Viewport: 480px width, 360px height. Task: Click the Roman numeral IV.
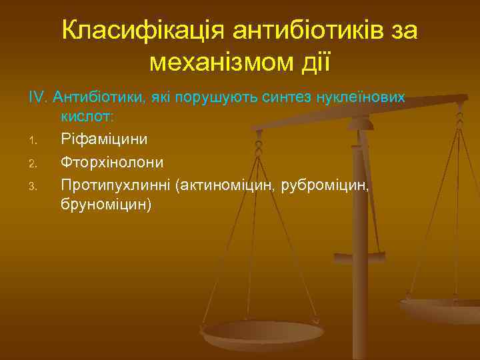point(38,97)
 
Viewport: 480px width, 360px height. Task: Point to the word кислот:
point(88,117)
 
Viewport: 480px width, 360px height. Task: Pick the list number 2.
point(32,163)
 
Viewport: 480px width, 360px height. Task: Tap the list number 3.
point(32,185)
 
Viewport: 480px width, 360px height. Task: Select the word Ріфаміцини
point(105,139)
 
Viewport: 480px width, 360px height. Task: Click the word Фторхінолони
point(112,161)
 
